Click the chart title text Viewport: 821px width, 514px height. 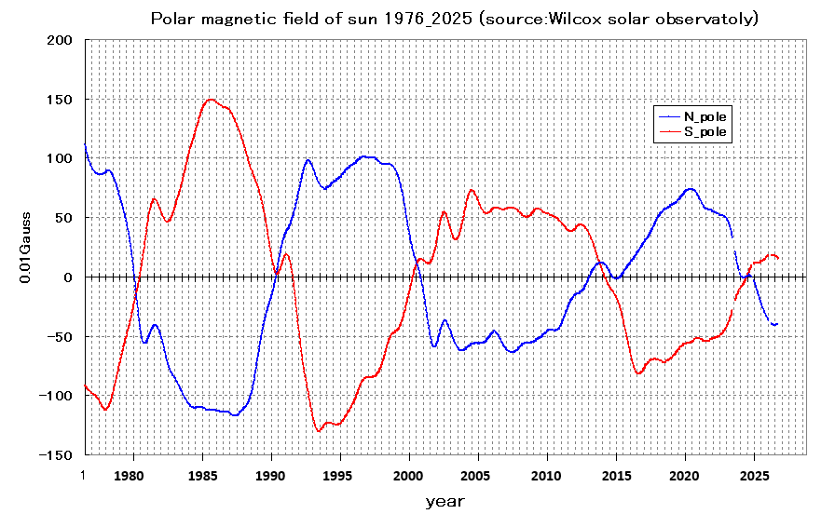455,19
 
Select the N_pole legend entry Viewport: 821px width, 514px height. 705,116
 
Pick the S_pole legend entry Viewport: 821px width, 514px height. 705,133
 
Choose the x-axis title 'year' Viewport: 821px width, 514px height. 445,501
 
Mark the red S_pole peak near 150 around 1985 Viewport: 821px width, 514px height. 211,100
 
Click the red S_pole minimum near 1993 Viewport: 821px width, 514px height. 319,430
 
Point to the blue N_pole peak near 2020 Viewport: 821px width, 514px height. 690,189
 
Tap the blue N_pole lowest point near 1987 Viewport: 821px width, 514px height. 235,415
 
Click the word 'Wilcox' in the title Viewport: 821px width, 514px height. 597,19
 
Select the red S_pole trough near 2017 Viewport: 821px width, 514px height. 639,373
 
